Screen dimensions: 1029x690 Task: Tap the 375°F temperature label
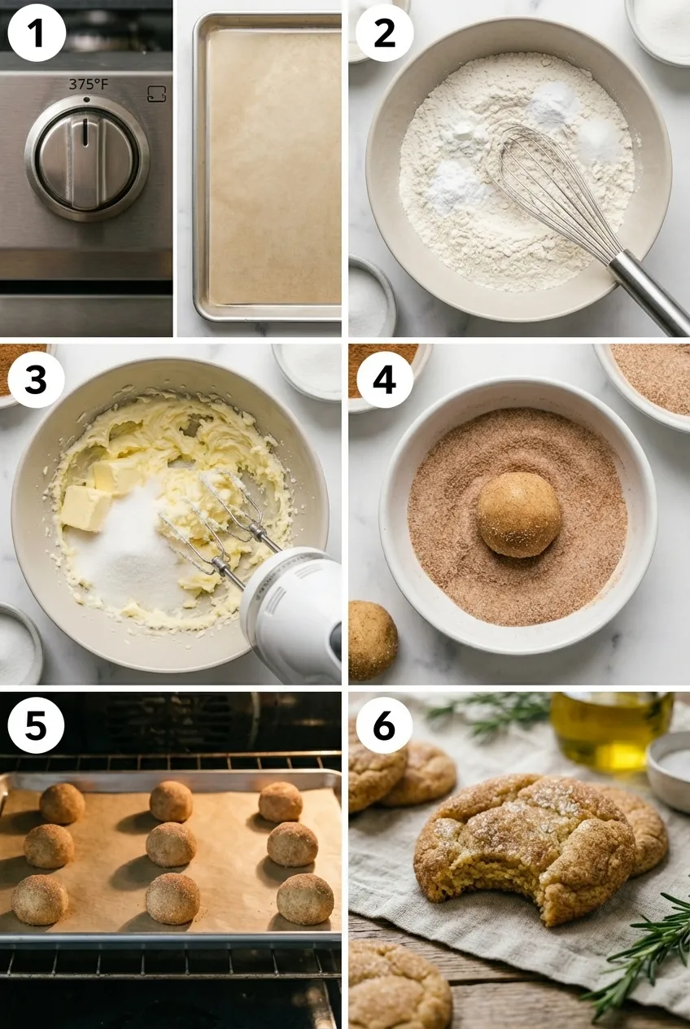coord(86,85)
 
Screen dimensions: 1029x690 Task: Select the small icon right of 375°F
coord(157,94)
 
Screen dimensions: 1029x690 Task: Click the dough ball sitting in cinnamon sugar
coord(518,514)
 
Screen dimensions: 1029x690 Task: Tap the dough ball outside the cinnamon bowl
coord(372,640)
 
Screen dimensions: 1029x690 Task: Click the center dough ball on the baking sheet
coord(170,844)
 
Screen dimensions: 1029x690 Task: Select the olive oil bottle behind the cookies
coord(611,729)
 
